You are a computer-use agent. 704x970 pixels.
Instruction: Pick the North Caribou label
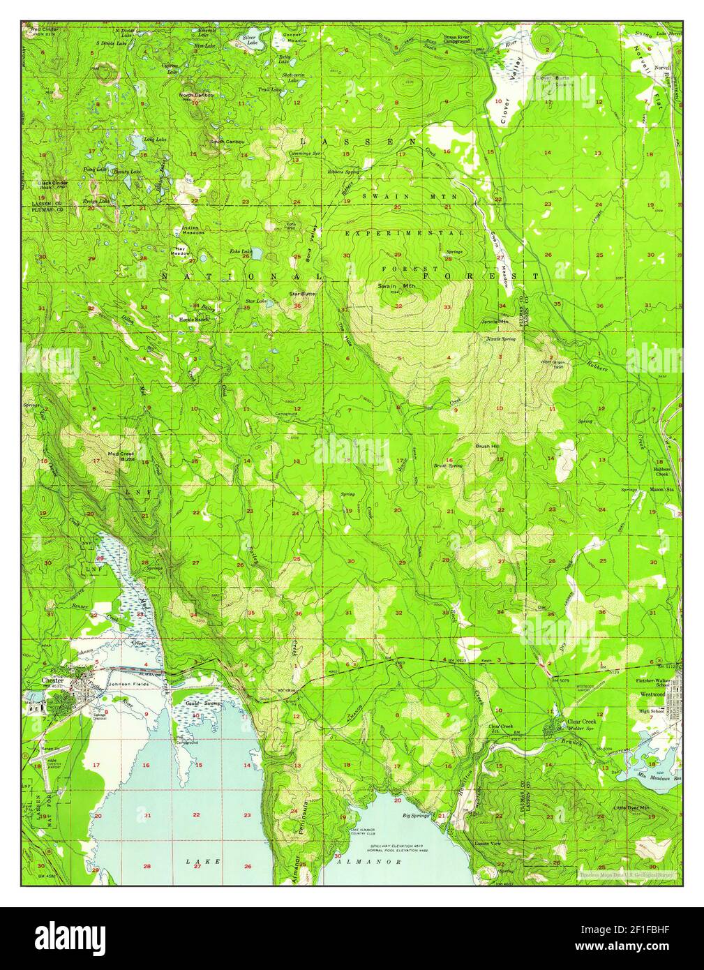(x=195, y=95)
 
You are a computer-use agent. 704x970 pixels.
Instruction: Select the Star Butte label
(x=303, y=294)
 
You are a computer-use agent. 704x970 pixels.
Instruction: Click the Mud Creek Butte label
(x=121, y=456)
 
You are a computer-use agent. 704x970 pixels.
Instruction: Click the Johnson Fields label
(x=126, y=685)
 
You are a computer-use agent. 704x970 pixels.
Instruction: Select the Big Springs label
(x=416, y=814)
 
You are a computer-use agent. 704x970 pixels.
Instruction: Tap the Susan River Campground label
(x=466, y=38)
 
